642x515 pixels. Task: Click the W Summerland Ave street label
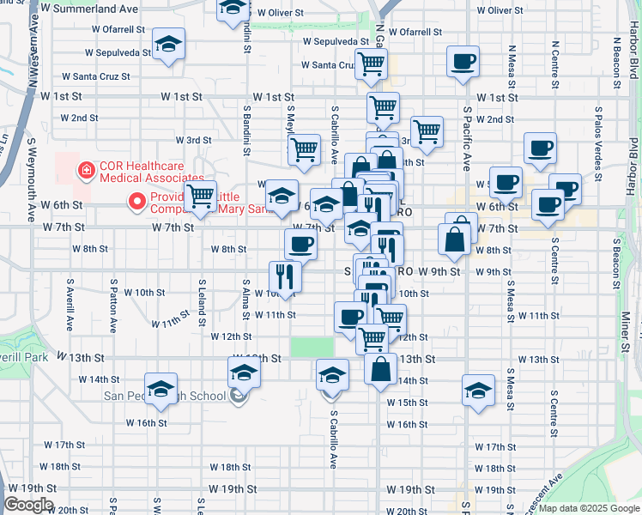(x=89, y=9)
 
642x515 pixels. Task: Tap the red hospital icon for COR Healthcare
(x=86, y=171)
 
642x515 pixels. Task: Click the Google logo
(x=28, y=506)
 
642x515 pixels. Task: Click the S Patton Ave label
(x=113, y=305)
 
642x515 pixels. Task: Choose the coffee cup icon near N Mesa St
(x=463, y=62)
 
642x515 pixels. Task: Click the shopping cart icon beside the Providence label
(x=201, y=196)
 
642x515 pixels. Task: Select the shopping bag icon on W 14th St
(x=381, y=369)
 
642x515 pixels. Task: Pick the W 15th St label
(x=407, y=403)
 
